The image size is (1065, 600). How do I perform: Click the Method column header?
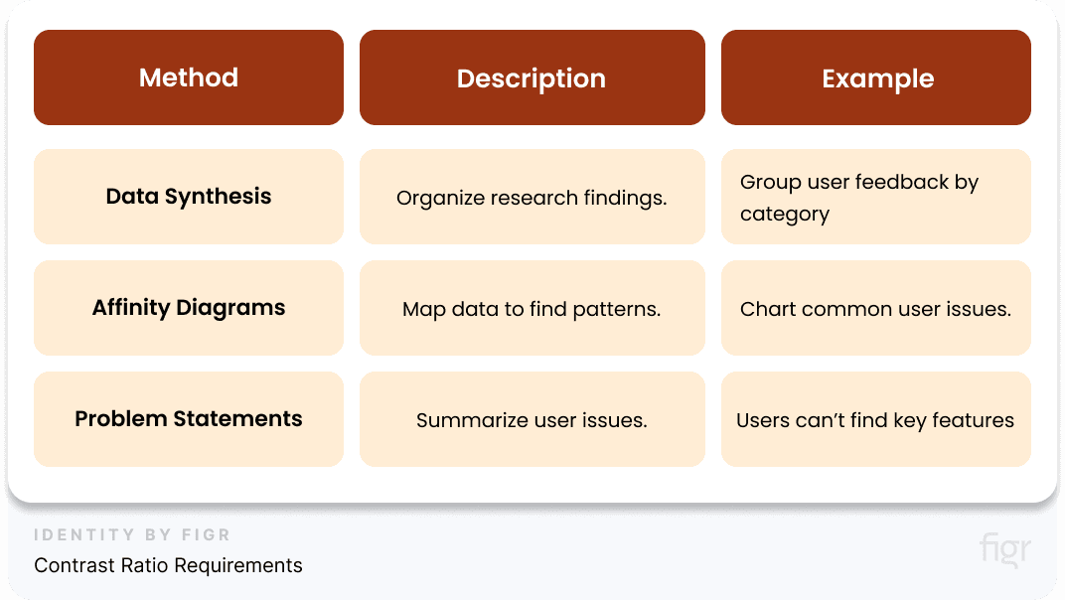click(x=189, y=77)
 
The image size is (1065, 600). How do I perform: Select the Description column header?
click(x=532, y=78)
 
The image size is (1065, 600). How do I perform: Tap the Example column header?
click(x=877, y=78)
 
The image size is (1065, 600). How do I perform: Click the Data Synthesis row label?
click(x=189, y=197)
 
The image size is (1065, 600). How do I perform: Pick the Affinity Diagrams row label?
click(x=189, y=308)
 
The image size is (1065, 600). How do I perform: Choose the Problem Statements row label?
click(x=189, y=419)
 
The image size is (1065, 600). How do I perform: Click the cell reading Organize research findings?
click(x=532, y=198)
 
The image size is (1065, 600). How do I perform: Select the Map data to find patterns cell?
click(x=532, y=309)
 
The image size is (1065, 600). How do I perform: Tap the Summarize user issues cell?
click(x=532, y=420)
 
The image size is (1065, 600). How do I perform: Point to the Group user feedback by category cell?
click(x=859, y=198)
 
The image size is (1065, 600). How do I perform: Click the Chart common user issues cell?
click(x=875, y=309)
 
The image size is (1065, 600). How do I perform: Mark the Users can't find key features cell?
click(x=875, y=420)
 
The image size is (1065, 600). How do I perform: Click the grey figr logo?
click(x=1004, y=549)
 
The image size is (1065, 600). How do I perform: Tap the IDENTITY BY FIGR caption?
click(x=132, y=535)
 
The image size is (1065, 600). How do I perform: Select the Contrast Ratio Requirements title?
click(x=168, y=565)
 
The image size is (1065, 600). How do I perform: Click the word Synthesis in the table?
click(x=224, y=197)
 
